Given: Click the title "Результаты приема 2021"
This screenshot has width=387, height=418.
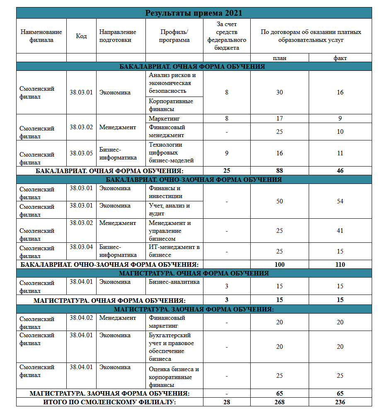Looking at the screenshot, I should tap(193, 13).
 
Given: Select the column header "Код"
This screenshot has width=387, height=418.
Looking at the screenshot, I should tap(81, 36).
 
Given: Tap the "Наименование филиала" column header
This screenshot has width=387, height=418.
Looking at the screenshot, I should tap(41, 36).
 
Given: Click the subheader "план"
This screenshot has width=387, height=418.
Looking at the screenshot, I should tap(279, 58).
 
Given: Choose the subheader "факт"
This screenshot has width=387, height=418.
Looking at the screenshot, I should tap(340, 58).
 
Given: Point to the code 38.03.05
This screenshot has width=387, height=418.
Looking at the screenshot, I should tap(81, 153).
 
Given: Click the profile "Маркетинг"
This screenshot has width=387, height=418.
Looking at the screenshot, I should tap(163, 118).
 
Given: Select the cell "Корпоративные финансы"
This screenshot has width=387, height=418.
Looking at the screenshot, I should tap(171, 105).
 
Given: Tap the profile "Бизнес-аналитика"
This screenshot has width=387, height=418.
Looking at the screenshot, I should tap(174, 282).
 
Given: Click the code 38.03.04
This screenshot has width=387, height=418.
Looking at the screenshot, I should tap(81, 247).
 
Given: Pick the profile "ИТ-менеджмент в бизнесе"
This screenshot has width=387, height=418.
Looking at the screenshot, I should tap(174, 251).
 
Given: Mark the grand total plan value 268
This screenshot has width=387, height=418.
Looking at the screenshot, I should tap(279, 402).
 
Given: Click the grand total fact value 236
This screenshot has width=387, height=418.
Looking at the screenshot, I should tap(340, 402).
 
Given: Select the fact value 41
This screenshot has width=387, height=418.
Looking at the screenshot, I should tap(340, 231).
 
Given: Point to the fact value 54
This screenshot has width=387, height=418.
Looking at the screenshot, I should tap(340, 201).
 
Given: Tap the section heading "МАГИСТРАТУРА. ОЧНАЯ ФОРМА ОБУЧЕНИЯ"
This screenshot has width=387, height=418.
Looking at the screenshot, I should tap(193, 273).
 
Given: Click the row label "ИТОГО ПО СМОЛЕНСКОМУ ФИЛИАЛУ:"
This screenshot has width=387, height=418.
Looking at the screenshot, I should tap(109, 402).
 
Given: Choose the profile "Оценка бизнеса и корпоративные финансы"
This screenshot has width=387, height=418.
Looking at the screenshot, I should tap(174, 377).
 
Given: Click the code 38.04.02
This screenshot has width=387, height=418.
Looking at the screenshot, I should tap(81, 318).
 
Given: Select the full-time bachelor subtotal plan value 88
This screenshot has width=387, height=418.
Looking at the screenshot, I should tap(279, 171).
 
